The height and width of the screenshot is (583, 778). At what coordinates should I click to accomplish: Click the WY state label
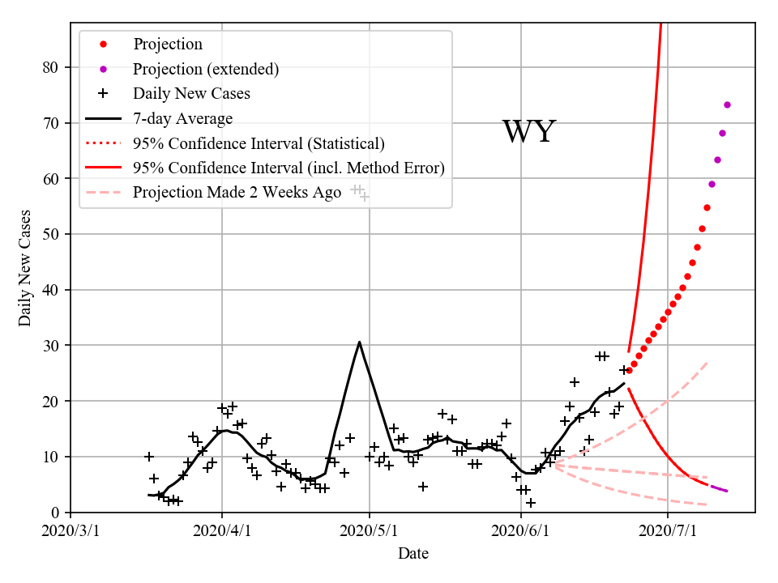click(528, 132)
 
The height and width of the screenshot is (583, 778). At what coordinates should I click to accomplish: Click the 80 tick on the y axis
click(52, 67)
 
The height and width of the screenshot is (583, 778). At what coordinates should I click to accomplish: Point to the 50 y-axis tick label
click(52, 234)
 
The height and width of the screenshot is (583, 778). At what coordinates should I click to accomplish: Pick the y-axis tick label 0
click(56, 513)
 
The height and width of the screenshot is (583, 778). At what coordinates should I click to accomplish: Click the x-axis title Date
click(413, 554)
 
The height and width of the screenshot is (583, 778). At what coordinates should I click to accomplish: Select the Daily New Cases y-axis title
click(25, 268)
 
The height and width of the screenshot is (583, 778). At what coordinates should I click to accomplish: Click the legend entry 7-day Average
click(182, 118)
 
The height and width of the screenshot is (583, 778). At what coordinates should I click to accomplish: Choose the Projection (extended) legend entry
click(206, 69)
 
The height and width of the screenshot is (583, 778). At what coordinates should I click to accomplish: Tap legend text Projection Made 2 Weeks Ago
click(237, 193)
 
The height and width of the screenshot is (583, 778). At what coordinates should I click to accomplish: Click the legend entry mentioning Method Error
click(289, 168)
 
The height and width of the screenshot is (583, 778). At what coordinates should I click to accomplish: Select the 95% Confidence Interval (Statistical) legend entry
click(259, 143)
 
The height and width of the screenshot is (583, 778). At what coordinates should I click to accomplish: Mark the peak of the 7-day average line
click(359, 342)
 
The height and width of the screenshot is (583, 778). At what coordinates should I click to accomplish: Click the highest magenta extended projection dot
click(727, 104)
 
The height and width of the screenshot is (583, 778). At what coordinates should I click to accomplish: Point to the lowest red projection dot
click(629, 370)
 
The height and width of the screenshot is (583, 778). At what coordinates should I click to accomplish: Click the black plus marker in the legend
click(103, 93)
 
